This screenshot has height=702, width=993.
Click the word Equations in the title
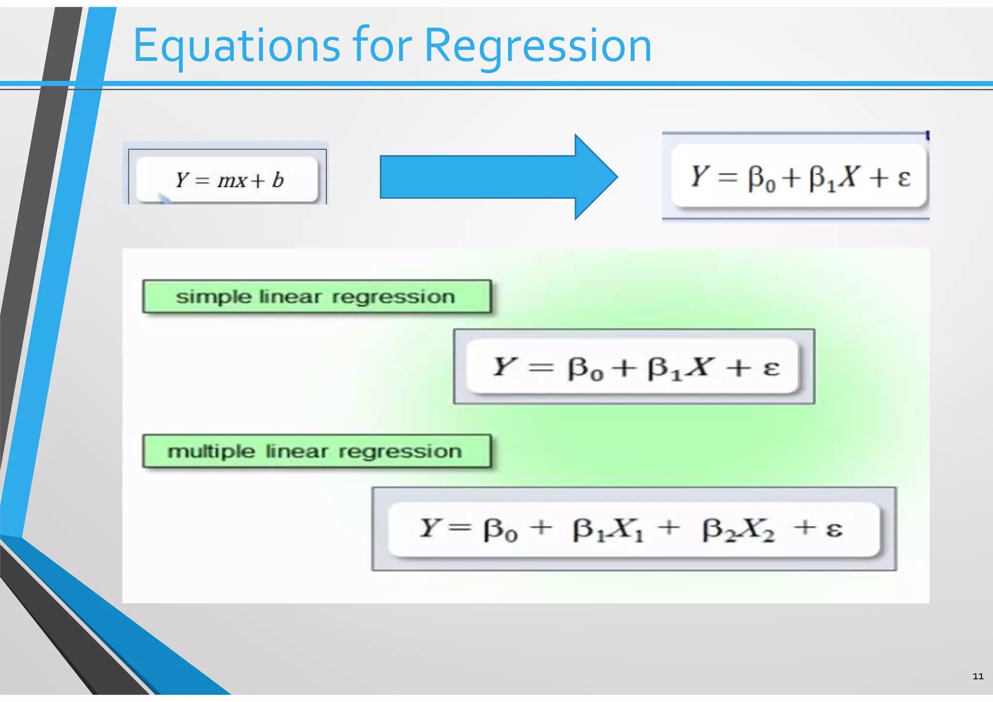pos(236,46)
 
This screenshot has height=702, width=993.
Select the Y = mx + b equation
pos(228,180)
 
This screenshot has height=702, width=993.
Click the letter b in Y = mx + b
pos(277,180)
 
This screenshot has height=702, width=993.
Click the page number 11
pos(977,676)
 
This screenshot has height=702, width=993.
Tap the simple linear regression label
pos(317,296)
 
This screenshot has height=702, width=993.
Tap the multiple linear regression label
pos(317,451)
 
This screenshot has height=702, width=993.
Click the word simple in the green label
pos(214,297)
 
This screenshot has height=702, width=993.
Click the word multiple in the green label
pos(211,452)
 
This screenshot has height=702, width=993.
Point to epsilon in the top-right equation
pos(903,178)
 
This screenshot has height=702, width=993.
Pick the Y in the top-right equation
pos(700,176)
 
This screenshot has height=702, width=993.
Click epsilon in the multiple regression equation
pos(833,529)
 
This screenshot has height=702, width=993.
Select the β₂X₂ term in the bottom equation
pos(738,529)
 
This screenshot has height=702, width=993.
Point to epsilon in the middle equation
pos(771,368)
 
